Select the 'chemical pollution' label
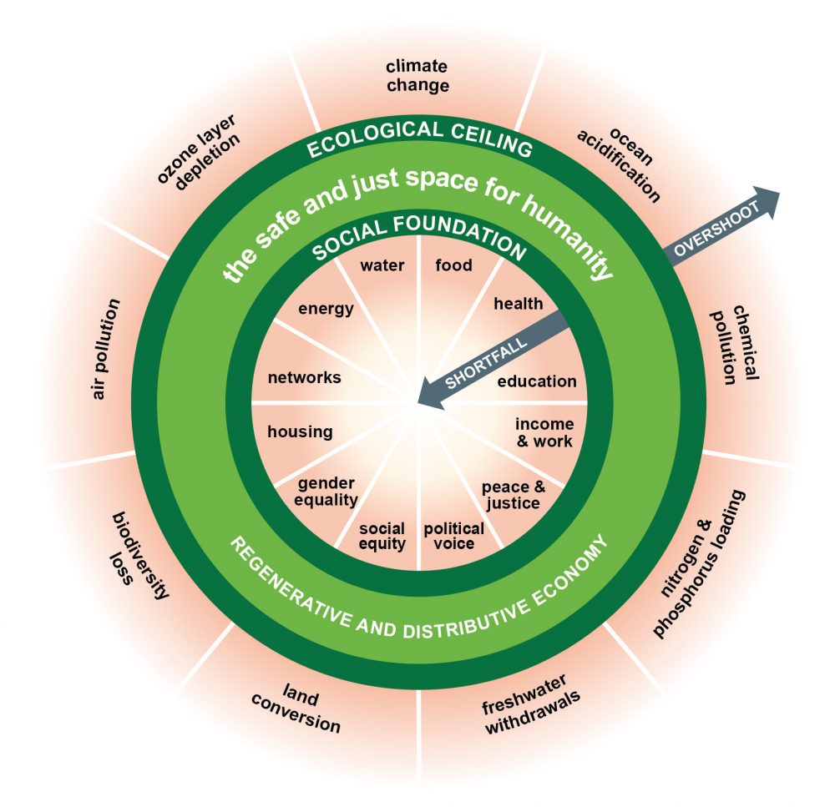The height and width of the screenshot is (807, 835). pos(734,344)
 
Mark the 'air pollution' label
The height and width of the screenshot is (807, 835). pos(107,348)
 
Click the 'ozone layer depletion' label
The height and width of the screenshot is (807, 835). pos(198,149)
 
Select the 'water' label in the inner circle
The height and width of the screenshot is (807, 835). pos(382,266)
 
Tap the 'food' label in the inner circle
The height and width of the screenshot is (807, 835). pos(454,265)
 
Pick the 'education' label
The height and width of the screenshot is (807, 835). pos(537,381)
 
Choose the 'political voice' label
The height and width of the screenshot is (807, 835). pos(453,536)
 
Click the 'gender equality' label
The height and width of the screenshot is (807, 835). pos(327,492)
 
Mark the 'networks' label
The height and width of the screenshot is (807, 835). pos(304,377)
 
